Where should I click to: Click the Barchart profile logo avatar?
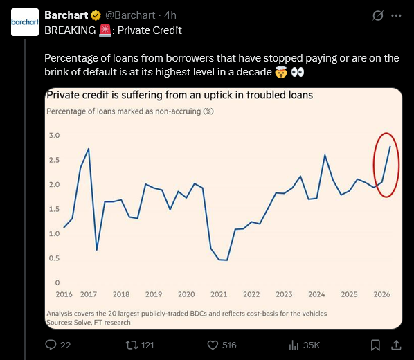tap(25, 22)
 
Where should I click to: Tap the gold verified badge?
tap(96, 15)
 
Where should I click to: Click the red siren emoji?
tap(105, 30)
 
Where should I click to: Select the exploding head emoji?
tap(281, 72)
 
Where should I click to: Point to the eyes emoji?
tap(298, 72)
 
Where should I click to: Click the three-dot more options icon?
tap(396, 16)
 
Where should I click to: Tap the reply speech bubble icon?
tap(51, 345)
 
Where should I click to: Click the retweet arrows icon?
tap(132, 345)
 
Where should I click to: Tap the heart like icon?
tap(213, 345)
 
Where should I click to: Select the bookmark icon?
tap(375, 345)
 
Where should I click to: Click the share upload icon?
tap(396, 345)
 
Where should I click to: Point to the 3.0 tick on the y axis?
tap(55, 136)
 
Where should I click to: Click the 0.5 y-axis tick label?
tap(55, 258)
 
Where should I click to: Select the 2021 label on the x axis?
tap(219, 294)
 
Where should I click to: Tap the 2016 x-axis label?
tap(64, 294)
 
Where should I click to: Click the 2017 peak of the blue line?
tap(89, 149)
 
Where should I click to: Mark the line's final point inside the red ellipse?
tap(390, 146)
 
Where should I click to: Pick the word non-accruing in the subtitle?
tap(178, 111)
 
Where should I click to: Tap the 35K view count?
tap(312, 345)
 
